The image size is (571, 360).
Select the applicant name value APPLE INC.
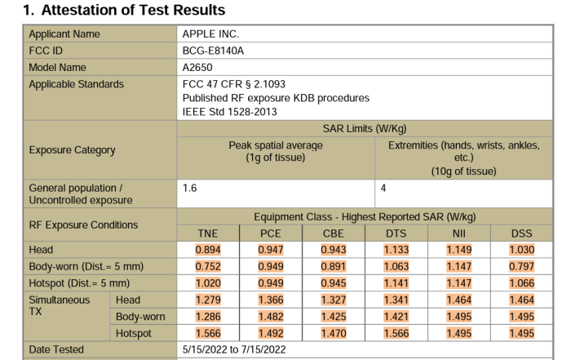pos(210,34)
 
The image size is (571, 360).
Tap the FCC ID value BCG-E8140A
pos(213,51)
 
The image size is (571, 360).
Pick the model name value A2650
pos(198,67)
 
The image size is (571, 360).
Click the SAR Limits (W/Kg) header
pos(365,129)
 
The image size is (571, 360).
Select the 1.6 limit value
pos(189,188)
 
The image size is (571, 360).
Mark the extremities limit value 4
pos(383,188)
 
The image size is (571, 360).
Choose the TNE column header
pos(208,233)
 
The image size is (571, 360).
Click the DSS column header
pos(521,233)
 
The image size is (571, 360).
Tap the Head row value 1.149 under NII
pos(459,250)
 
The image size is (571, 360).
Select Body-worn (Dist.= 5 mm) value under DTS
pos(396,266)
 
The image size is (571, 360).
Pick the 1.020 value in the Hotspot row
pos(208,283)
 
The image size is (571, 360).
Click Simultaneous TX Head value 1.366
pos(271,300)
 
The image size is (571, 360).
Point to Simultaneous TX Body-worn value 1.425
pos(334,317)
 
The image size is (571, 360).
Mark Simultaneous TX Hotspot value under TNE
pos(208,333)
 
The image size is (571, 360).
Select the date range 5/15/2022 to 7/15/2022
pos(234,349)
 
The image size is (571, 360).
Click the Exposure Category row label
pos(72,150)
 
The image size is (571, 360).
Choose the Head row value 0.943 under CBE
pos(334,250)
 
